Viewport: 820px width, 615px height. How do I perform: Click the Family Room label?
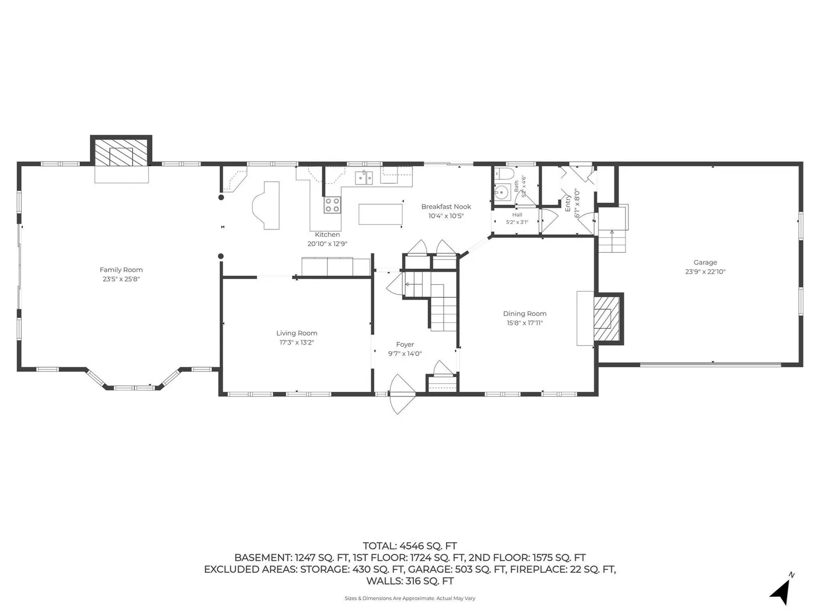click(121, 269)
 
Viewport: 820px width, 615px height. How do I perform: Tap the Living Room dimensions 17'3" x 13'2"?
click(297, 342)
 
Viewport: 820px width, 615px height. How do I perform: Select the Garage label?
click(706, 263)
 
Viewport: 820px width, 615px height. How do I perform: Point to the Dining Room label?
click(524, 314)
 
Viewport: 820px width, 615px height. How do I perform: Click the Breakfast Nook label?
click(446, 207)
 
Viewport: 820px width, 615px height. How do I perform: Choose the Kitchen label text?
click(327, 235)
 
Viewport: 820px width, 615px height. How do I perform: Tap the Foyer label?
click(405, 345)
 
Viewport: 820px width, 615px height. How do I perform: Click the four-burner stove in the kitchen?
click(332, 205)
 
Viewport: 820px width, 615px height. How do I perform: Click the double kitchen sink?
click(363, 177)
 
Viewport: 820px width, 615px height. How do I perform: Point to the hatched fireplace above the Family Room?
click(121, 153)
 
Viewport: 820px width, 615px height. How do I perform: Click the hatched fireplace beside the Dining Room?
click(606, 318)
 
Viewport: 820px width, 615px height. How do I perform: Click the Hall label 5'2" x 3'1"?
click(517, 219)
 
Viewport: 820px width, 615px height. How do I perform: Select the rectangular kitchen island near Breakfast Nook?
click(380, 214)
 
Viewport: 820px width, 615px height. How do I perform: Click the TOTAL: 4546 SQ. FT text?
click(410, 546)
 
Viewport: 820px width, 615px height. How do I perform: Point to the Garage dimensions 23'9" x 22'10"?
click(706, 272)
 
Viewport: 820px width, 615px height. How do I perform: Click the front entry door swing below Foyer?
click(401, 393)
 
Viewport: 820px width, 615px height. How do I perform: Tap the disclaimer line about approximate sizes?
click(410, 598)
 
